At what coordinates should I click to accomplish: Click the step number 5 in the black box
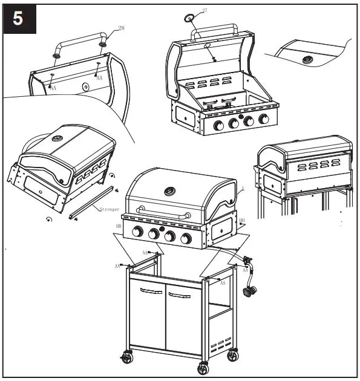(19, 18)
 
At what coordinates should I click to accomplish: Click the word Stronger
(110, 209)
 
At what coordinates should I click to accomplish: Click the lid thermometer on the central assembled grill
(169, 193)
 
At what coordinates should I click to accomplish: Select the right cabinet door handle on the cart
(179, 295)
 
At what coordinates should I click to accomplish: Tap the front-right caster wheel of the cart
(202, 368)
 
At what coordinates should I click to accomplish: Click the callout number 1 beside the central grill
(243, 189)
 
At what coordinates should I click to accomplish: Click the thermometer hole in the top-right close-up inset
(309, 59)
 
